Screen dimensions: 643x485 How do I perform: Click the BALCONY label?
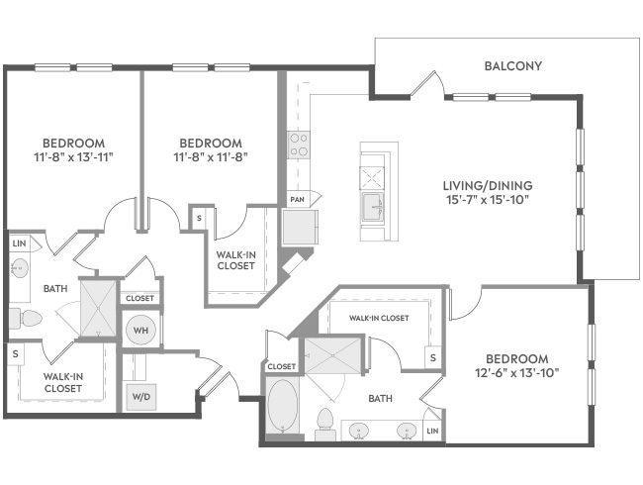pos(513,66)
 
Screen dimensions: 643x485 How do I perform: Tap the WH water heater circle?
pos(140,330)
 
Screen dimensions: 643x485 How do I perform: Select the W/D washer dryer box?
pos(141,397)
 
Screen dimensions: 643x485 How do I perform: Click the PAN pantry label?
pos(298,200)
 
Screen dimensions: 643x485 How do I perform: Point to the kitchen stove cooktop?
pos(298,145)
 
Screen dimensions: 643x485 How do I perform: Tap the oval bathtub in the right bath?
pos(283,406)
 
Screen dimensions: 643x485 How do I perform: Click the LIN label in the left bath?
pos(19,243)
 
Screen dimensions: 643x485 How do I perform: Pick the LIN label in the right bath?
pos(432,431)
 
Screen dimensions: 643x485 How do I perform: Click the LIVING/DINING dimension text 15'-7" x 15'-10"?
pos(488,200)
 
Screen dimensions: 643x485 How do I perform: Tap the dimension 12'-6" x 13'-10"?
pos(517,373)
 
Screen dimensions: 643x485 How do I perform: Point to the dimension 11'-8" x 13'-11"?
pos(73,157)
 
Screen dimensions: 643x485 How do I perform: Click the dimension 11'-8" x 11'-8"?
pos(211,157)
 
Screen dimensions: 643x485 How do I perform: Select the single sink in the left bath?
pos(19,269)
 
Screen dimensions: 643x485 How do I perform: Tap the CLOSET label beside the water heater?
pos(139,298)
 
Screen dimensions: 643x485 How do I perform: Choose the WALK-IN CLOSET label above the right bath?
pos(379,318)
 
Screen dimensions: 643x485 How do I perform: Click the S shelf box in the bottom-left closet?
pos(16,353)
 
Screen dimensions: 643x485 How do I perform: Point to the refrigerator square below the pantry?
pos(300,228)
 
